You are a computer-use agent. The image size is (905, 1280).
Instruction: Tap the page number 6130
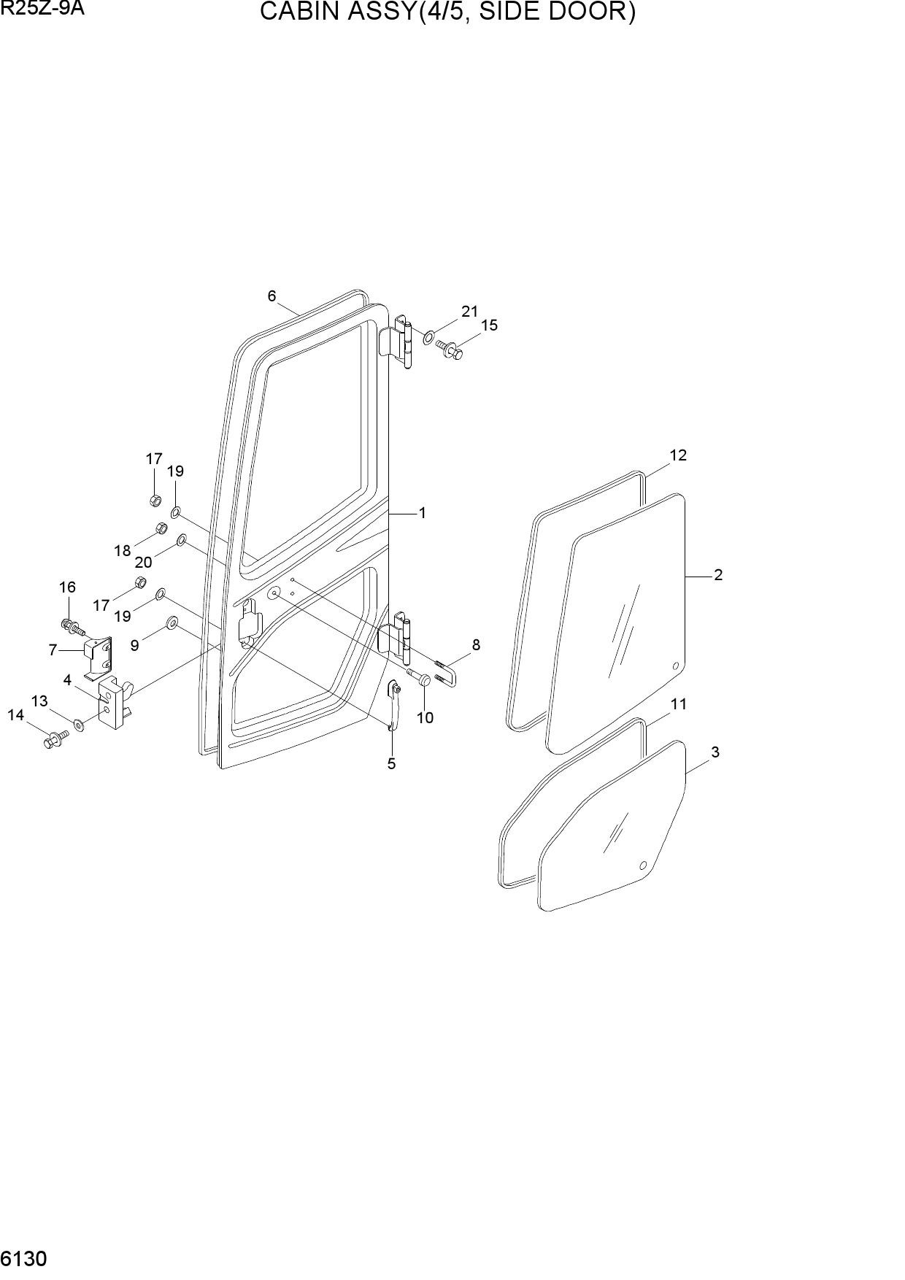pos(24,1259)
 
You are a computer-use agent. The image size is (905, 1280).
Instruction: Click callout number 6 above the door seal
pos(271,296)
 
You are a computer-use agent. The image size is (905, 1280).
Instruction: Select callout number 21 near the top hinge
pos(469,312)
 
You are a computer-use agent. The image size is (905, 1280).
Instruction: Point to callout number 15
pos(489,325)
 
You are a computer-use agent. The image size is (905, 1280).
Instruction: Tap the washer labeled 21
pos(428,338)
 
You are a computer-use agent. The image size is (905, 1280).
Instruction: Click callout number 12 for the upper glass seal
pos(678,455)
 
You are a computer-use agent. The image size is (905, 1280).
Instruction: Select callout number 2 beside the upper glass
pos(718,575)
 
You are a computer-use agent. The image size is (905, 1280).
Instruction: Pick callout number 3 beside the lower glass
pos(715,752)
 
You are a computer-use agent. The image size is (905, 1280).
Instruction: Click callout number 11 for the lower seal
pos(679,704)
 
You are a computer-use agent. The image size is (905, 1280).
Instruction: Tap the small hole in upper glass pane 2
pos(675,666)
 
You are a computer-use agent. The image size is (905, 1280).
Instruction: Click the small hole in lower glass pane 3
pos(643,866)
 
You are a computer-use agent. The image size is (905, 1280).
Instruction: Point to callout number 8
pos(476,644)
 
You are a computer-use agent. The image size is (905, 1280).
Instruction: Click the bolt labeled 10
pos(419,676)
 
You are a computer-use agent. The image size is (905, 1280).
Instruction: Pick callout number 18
pos(122,551)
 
